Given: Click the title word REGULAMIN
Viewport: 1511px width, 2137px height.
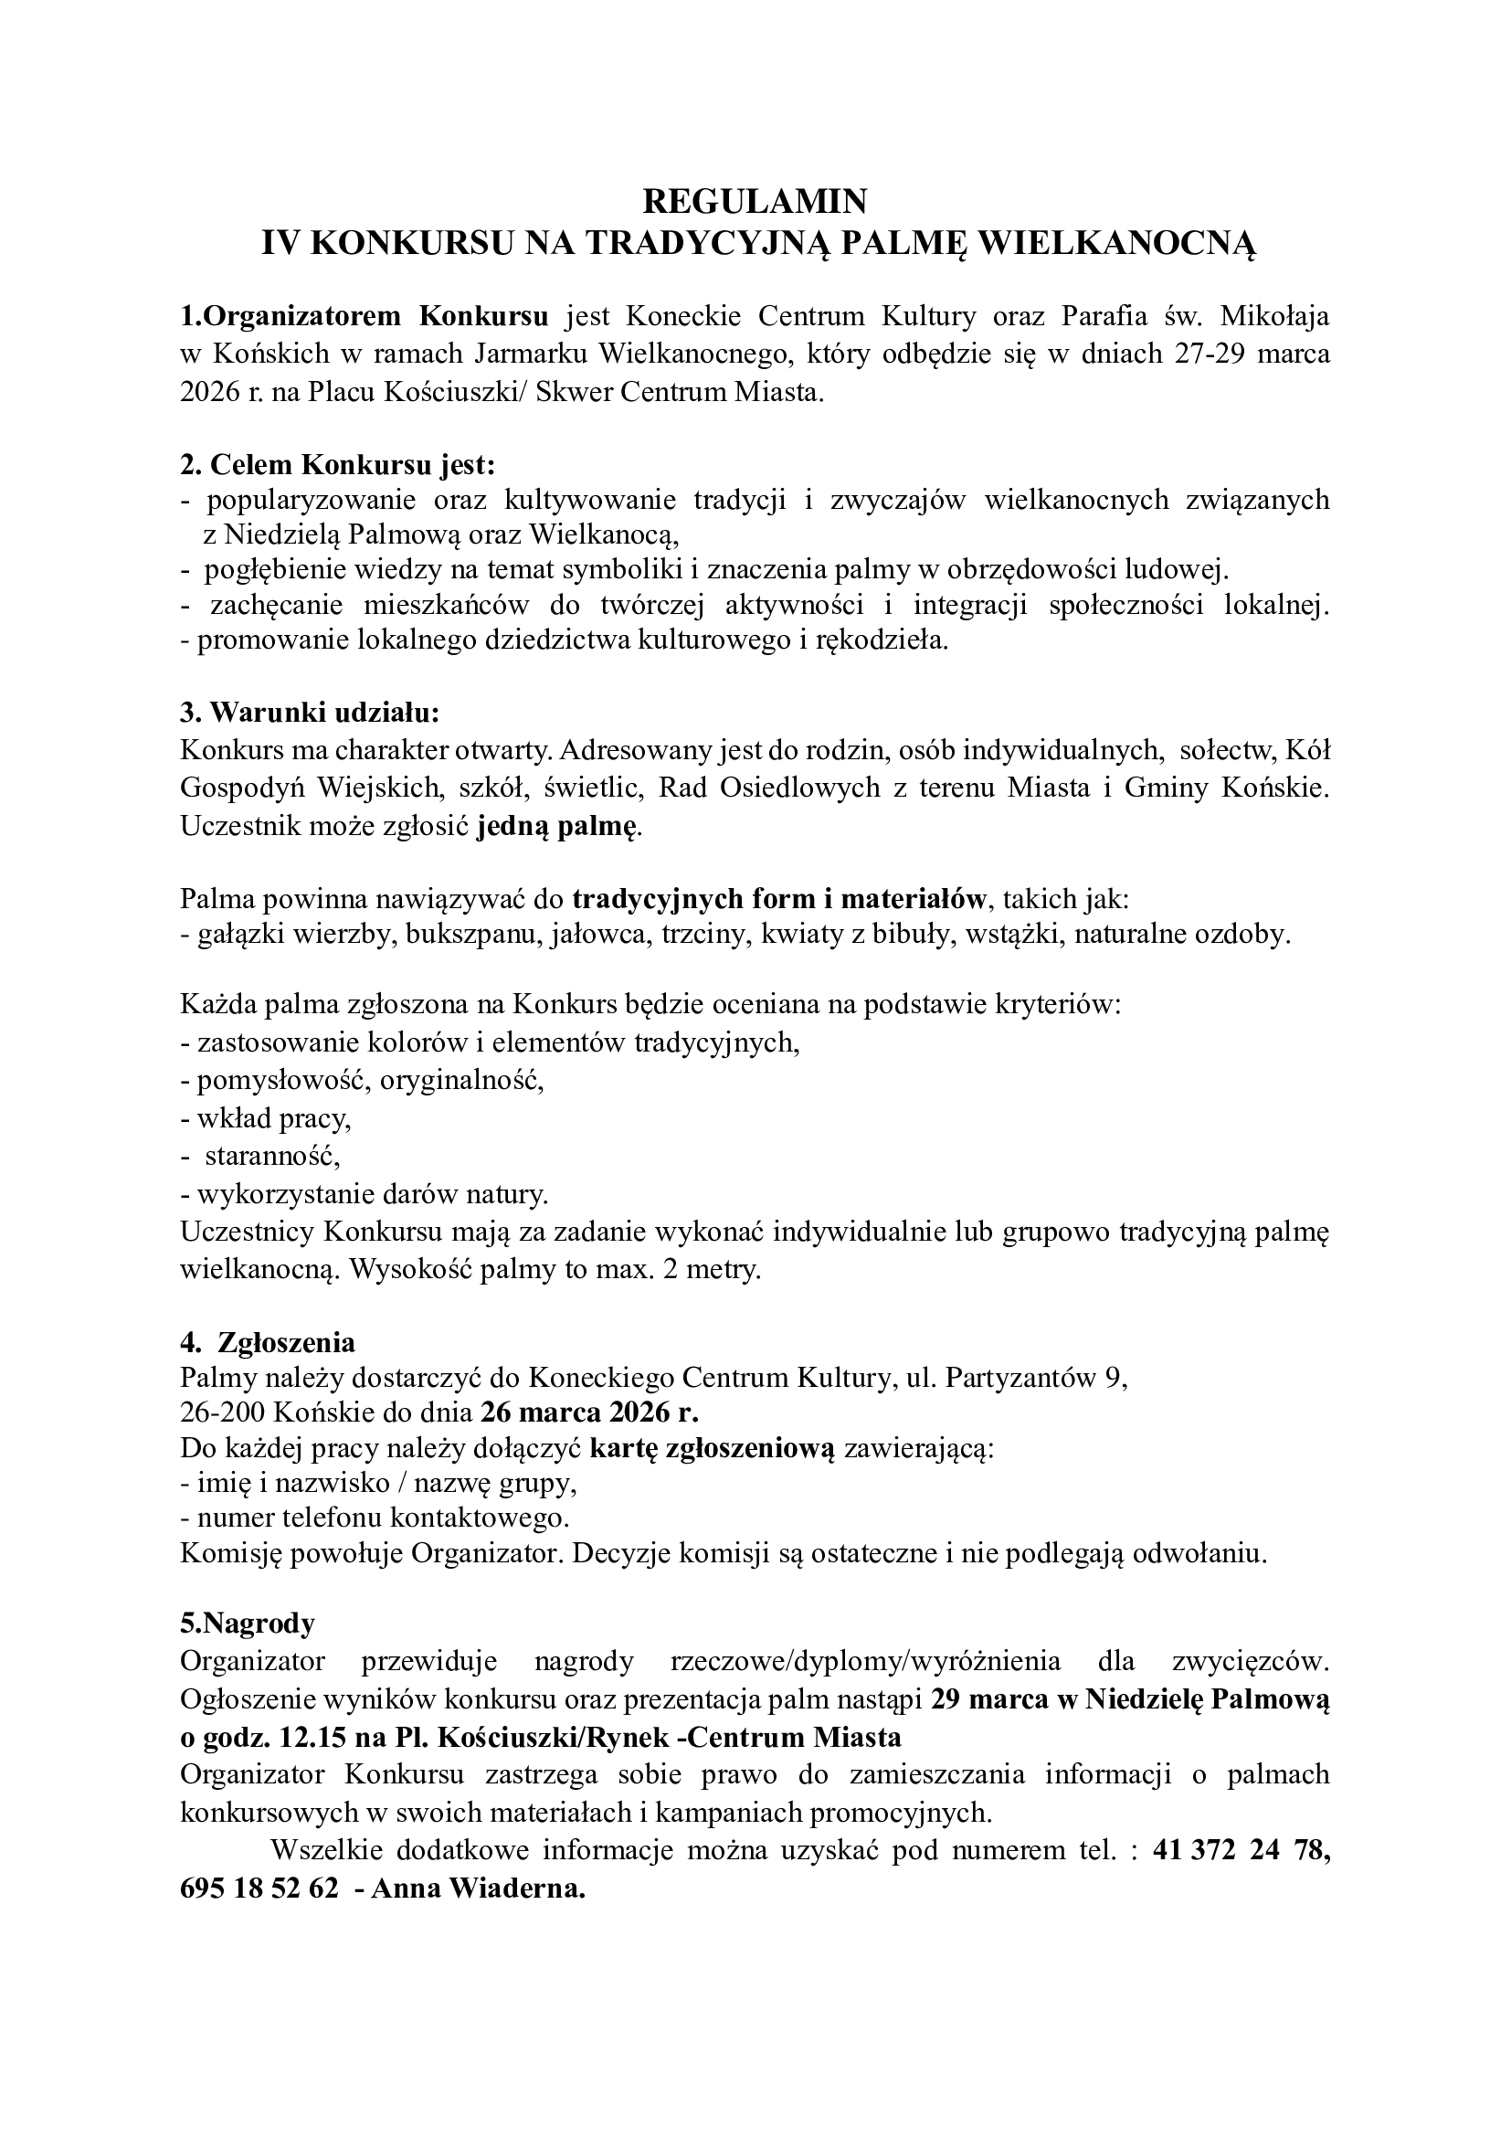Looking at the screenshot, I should (x=755, y=200).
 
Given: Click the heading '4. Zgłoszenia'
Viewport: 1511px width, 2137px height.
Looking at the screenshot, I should (x=268, y=1342).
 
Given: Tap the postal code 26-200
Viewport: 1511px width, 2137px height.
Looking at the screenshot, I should (x=223, y=1413).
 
